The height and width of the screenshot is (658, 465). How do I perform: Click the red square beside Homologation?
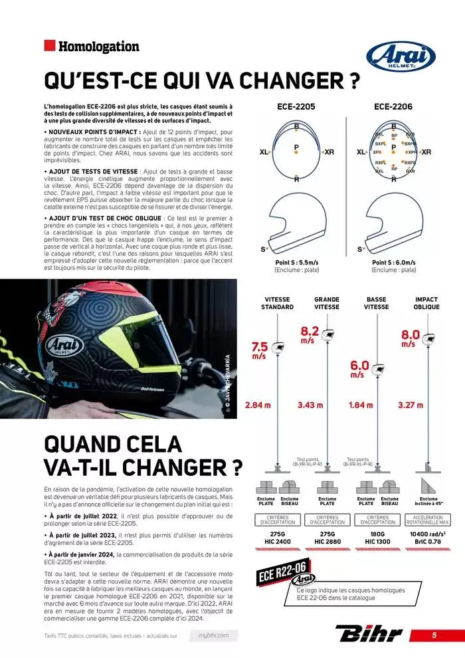click(x=48, y=46)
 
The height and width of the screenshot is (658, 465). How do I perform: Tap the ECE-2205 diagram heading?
click(x=296, y=106)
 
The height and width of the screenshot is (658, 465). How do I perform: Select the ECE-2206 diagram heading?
click(x=393, y=106)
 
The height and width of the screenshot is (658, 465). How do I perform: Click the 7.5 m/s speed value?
click(x=259, y=350)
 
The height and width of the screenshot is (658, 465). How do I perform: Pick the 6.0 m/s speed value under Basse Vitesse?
click(x=359, y=368)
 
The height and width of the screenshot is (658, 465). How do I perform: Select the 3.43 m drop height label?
click(x=310, y=405)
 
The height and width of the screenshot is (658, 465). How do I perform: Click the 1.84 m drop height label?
click(x=361, y=405)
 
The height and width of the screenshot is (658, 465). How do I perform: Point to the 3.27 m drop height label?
click(x=411, y=405)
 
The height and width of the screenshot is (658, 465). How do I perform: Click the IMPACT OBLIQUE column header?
click(x=426, y=303)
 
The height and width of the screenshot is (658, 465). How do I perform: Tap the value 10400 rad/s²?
click(x=427, y=533)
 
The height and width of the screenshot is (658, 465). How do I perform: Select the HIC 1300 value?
click(x=377, y=542)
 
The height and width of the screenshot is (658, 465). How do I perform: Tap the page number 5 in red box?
click(x=434, y=635)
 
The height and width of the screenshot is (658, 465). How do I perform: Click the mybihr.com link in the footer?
click(x=213, y=635)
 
